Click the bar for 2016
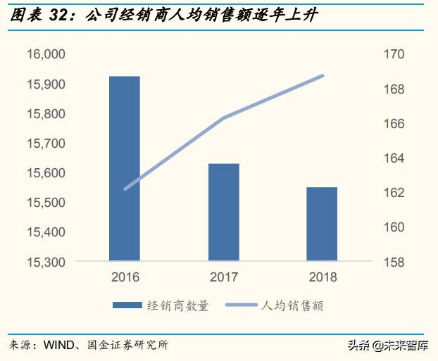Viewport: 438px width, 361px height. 124,169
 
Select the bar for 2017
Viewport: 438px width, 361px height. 224,213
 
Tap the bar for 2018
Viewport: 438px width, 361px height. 323,224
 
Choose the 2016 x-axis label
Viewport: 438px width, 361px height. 124,277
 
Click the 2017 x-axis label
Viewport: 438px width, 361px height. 224,277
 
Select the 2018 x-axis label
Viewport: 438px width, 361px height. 323,277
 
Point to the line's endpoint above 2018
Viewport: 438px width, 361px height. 323,75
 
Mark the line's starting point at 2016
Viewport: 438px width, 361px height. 125,189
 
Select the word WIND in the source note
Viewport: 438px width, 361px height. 60,345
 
